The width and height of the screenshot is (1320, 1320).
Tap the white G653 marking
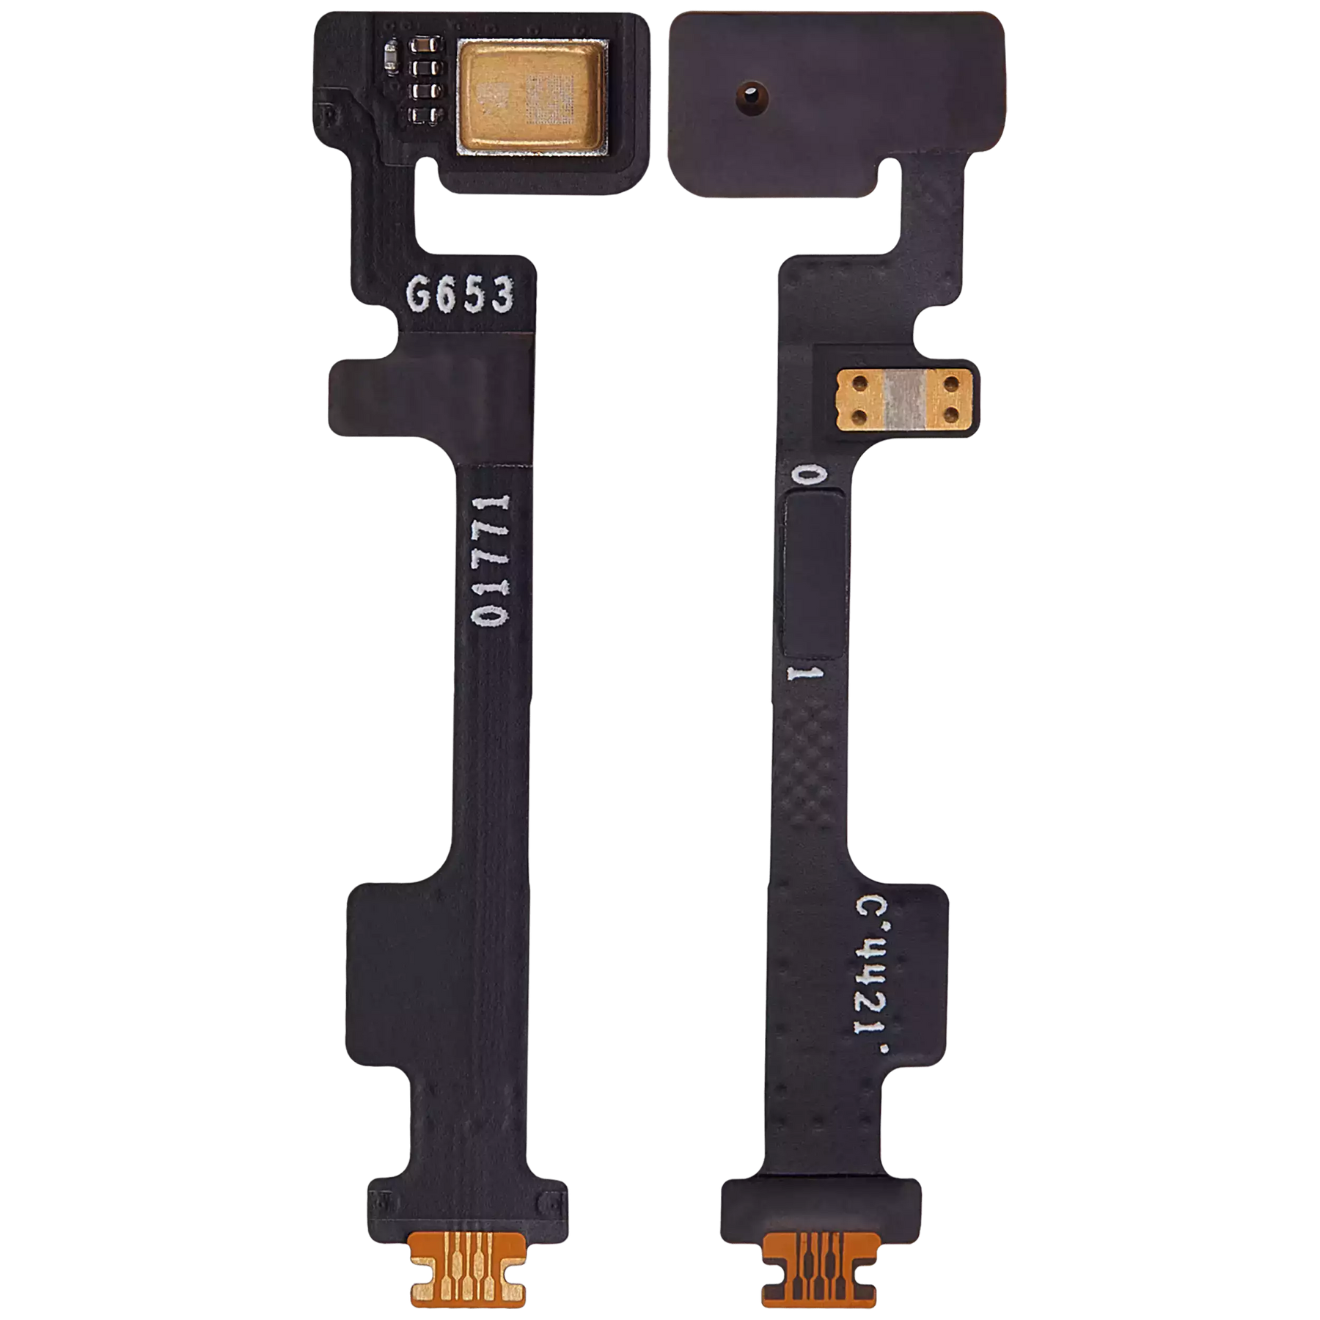tap(461, 296)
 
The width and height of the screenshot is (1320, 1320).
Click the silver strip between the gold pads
tap(903, 400)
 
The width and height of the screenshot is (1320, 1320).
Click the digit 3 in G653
tap(502, 296)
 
